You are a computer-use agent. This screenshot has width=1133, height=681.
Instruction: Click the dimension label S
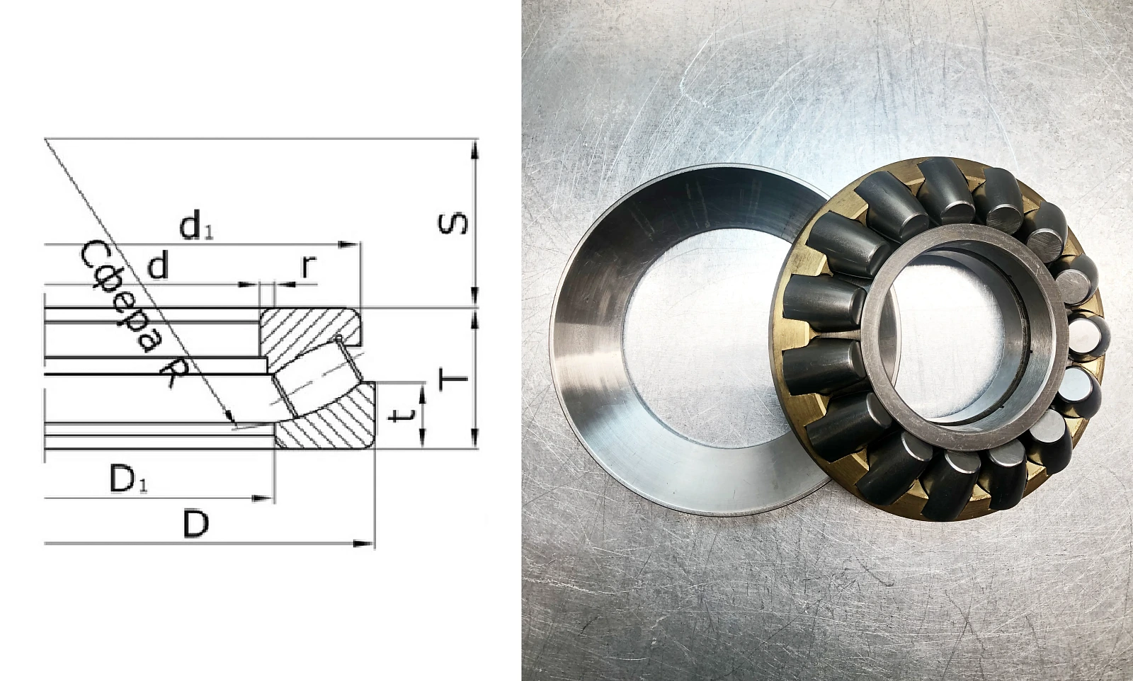coord(452,224)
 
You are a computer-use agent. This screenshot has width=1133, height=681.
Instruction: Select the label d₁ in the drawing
coord(196,227)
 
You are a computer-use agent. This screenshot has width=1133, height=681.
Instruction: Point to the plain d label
coord(158,266)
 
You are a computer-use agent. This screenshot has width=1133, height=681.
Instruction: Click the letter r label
coord(309,266)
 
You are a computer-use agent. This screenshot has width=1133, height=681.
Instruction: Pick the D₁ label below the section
coord(128,479)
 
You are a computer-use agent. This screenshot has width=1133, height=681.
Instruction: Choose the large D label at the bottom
coord(195,525)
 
